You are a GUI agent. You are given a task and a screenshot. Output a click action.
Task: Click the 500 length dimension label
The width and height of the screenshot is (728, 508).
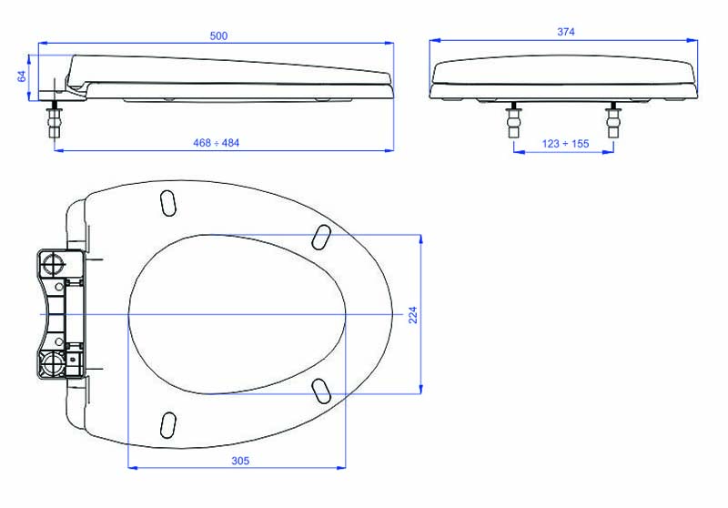click(x=218, y=36)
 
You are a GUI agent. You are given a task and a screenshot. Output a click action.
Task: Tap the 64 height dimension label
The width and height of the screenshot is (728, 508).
click(x=22, y=76)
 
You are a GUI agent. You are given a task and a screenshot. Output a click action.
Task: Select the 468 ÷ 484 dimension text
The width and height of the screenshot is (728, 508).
click(x=217, y=143)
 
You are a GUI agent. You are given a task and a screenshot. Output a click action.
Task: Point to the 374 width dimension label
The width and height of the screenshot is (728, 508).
click(x=566, y=32)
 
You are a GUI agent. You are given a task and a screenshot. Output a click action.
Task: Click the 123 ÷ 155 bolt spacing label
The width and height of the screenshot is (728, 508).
click(x=565, y=144)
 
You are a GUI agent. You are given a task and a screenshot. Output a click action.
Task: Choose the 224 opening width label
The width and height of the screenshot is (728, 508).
click(x=413, y=314)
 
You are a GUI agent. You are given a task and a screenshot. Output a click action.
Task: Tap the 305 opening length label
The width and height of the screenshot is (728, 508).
click(x=240, y=461)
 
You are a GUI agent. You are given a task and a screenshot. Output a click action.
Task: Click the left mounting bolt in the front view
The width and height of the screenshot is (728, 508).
click(x=514, y=121)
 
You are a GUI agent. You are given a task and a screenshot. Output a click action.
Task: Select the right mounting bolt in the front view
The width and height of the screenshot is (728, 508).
click(x=612, y=121)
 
